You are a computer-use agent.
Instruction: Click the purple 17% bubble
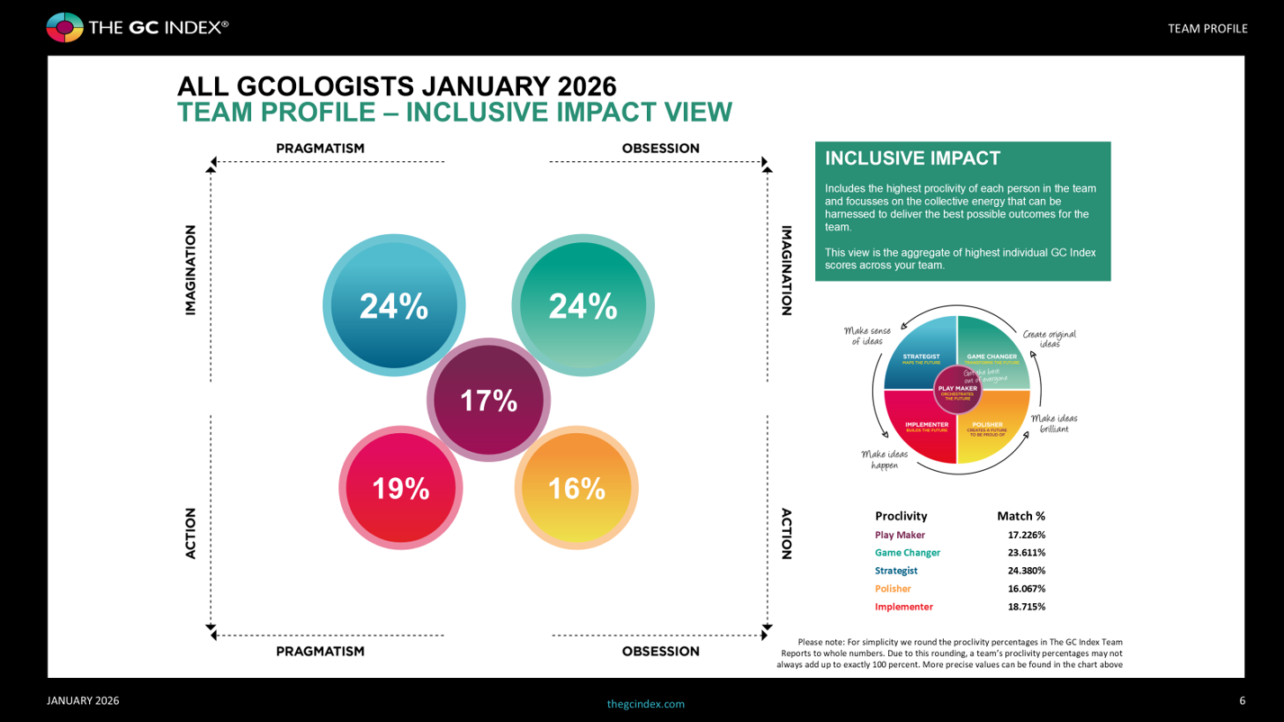click(x=489, y=401)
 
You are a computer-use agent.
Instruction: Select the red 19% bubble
click(x=400, y=488)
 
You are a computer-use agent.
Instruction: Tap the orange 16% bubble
click(x=576, y=488)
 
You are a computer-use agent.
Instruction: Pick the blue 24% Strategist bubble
click(x=394, y=306)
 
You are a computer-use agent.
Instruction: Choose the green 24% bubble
click(x=583, y=306)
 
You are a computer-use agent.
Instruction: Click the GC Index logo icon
click(x=65, y=28)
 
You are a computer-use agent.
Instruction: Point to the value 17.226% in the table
click(x=1026, y=535)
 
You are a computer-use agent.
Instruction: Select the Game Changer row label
click(x=907, y=553)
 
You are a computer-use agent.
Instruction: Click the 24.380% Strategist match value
click(x=1026, y=571)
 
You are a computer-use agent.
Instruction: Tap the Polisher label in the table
click(x=893, y=589)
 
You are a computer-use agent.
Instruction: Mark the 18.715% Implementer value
click(x=1026, y=607)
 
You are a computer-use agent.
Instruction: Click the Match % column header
click(x=1020, y=516)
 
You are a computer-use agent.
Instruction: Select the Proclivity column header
click(x=901, y=516)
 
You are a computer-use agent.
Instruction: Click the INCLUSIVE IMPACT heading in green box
click(x=912, y=158)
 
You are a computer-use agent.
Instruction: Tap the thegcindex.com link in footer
click(x=645, y=704)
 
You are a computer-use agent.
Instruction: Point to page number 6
click(x=1242, y=700)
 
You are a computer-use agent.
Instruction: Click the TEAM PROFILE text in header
click(x=1207, y=29)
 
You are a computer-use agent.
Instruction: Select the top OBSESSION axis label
click(x=660, y=149)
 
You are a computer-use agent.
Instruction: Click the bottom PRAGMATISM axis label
click(x=320, y=651)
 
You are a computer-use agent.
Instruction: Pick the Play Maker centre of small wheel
click(x=956, y=391)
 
